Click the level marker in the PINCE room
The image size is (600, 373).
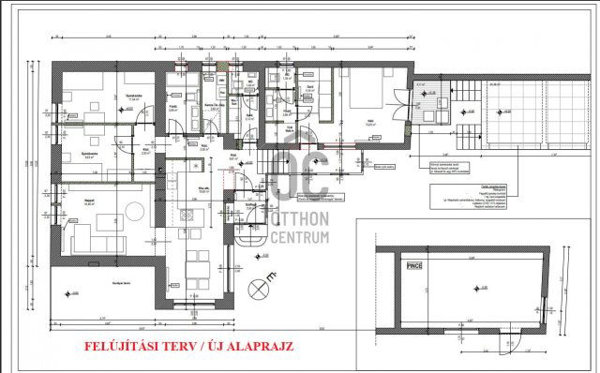click(x=477, y=285)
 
